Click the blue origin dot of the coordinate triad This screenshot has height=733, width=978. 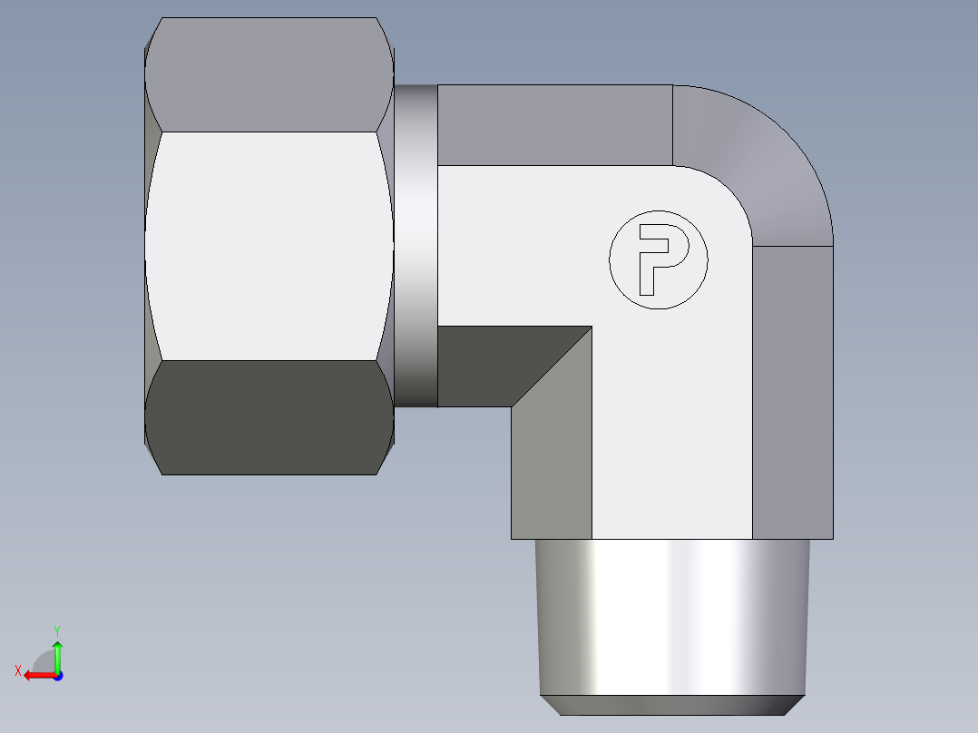[x=57, y=676]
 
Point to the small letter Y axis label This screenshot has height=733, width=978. [x=57, y=630]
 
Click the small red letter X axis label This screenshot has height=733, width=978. [x=17, y=670]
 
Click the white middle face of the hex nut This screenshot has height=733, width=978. [x=269, y=245]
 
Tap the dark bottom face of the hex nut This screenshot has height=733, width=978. [x=269, y=417]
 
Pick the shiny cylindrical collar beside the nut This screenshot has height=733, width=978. [x=416, y=245]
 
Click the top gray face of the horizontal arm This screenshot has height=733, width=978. [x=553, y=125]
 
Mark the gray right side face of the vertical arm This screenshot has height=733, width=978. [x=793, y=390]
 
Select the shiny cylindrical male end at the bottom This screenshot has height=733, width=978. [x=671, y=617]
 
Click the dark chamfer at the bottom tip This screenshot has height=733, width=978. [x=671, y=705]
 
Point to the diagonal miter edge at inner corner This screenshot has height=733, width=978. [x=552, y=366]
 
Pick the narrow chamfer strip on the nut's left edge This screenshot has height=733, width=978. [x=147, y=245]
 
